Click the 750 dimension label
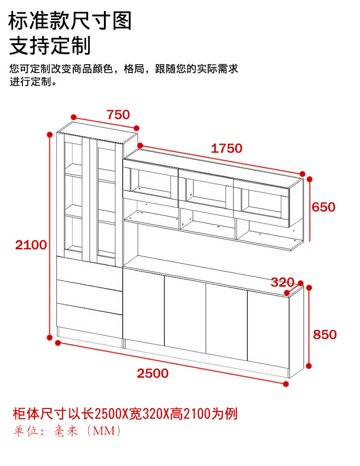(x=118, y=114)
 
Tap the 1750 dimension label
(x=226, y=148)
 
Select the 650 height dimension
(x=324, y=207)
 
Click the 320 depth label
(x=283, y=282)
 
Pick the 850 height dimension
(x=325, y=334)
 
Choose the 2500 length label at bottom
(x=153, y=373)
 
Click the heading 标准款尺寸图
(x=70, y=20)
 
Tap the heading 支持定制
(x=50, y=46)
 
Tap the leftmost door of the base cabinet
(x=144, y=306)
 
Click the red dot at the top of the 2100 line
(x=50, y=134)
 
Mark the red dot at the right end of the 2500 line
(x=286, y=384)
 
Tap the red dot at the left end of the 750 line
(x=73, y=117)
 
